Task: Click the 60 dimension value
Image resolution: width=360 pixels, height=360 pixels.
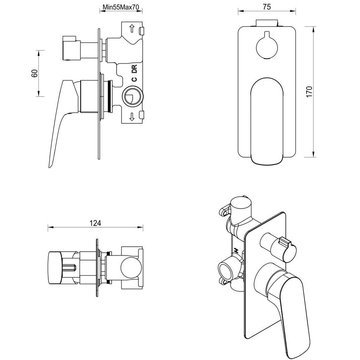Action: click(x=34, y=73)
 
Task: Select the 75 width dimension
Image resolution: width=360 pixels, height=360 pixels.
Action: click(x=266, y=7)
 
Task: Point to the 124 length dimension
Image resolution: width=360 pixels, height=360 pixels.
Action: click(x=95, y=223)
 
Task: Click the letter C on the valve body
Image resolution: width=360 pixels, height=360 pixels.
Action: click(x=134, y=80)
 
